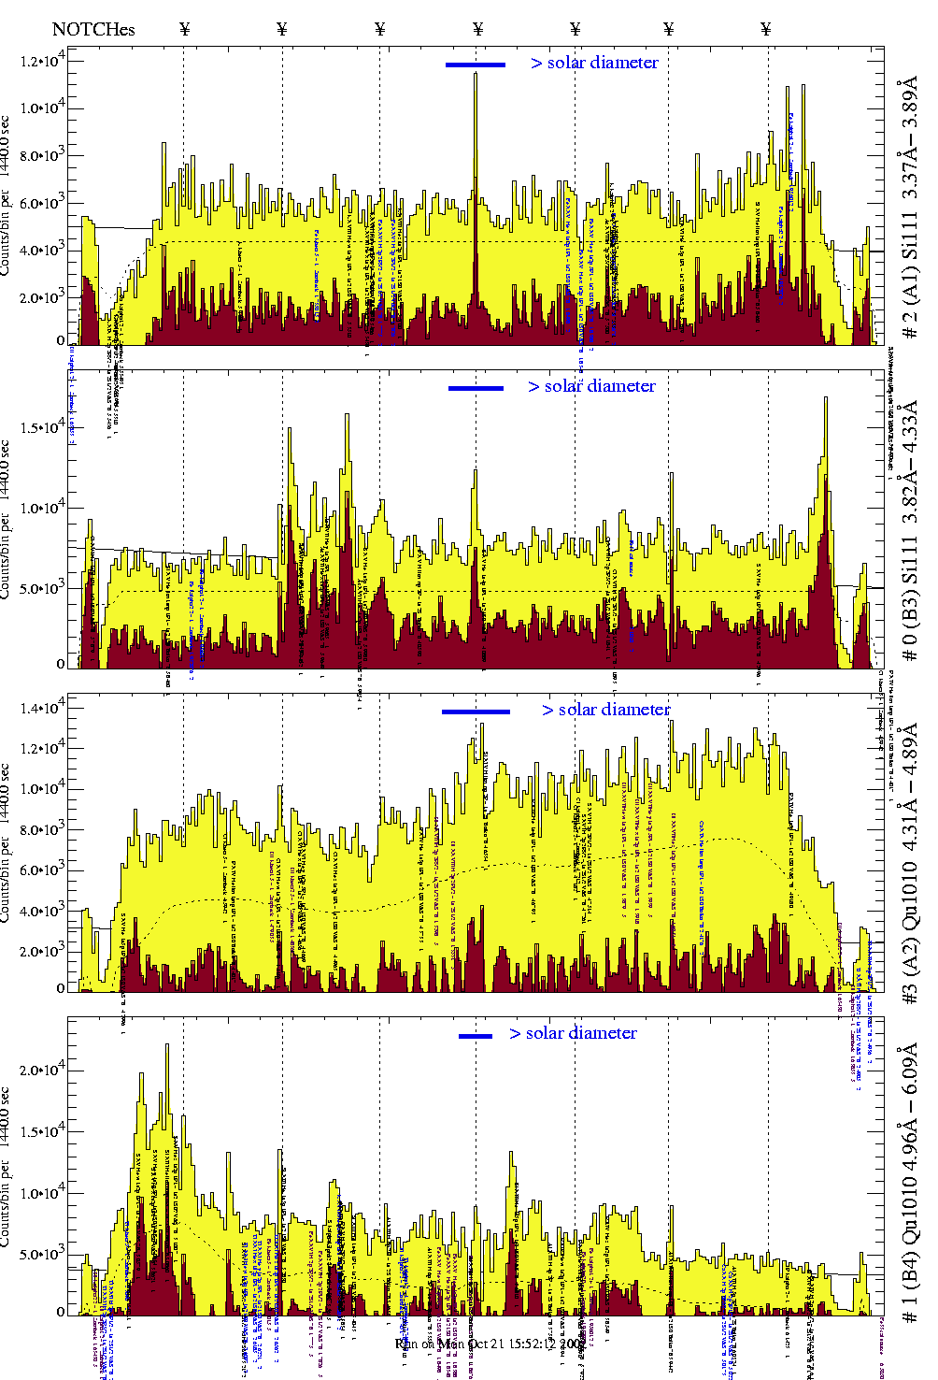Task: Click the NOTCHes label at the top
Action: (93, 29)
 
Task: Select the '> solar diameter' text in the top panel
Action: (595, 63)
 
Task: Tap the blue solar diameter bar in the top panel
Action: (475, 65)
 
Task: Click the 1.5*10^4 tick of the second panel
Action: (43, 427)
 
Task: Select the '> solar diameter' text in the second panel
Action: (592, 386)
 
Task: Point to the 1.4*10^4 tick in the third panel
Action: (43, 708)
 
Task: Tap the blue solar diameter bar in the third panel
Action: (476, 712)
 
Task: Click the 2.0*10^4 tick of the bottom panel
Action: (43, 1070)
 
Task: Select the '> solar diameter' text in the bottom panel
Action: (574, 1033)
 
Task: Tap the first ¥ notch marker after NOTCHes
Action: (185, 29)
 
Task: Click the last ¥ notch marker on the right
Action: (766, 29)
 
